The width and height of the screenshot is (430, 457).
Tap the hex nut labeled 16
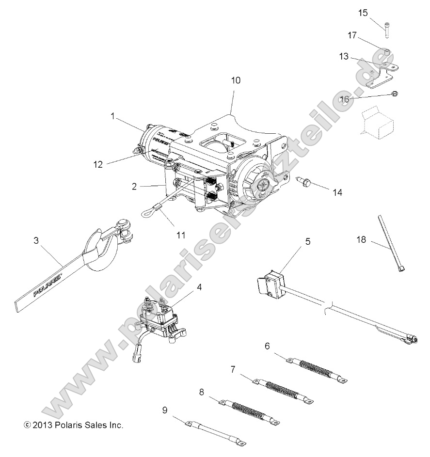[394, 94]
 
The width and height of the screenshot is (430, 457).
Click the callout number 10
[235, 80]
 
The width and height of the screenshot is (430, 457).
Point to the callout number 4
[199, 287]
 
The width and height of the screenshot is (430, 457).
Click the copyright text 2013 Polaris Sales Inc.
[73, 425]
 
